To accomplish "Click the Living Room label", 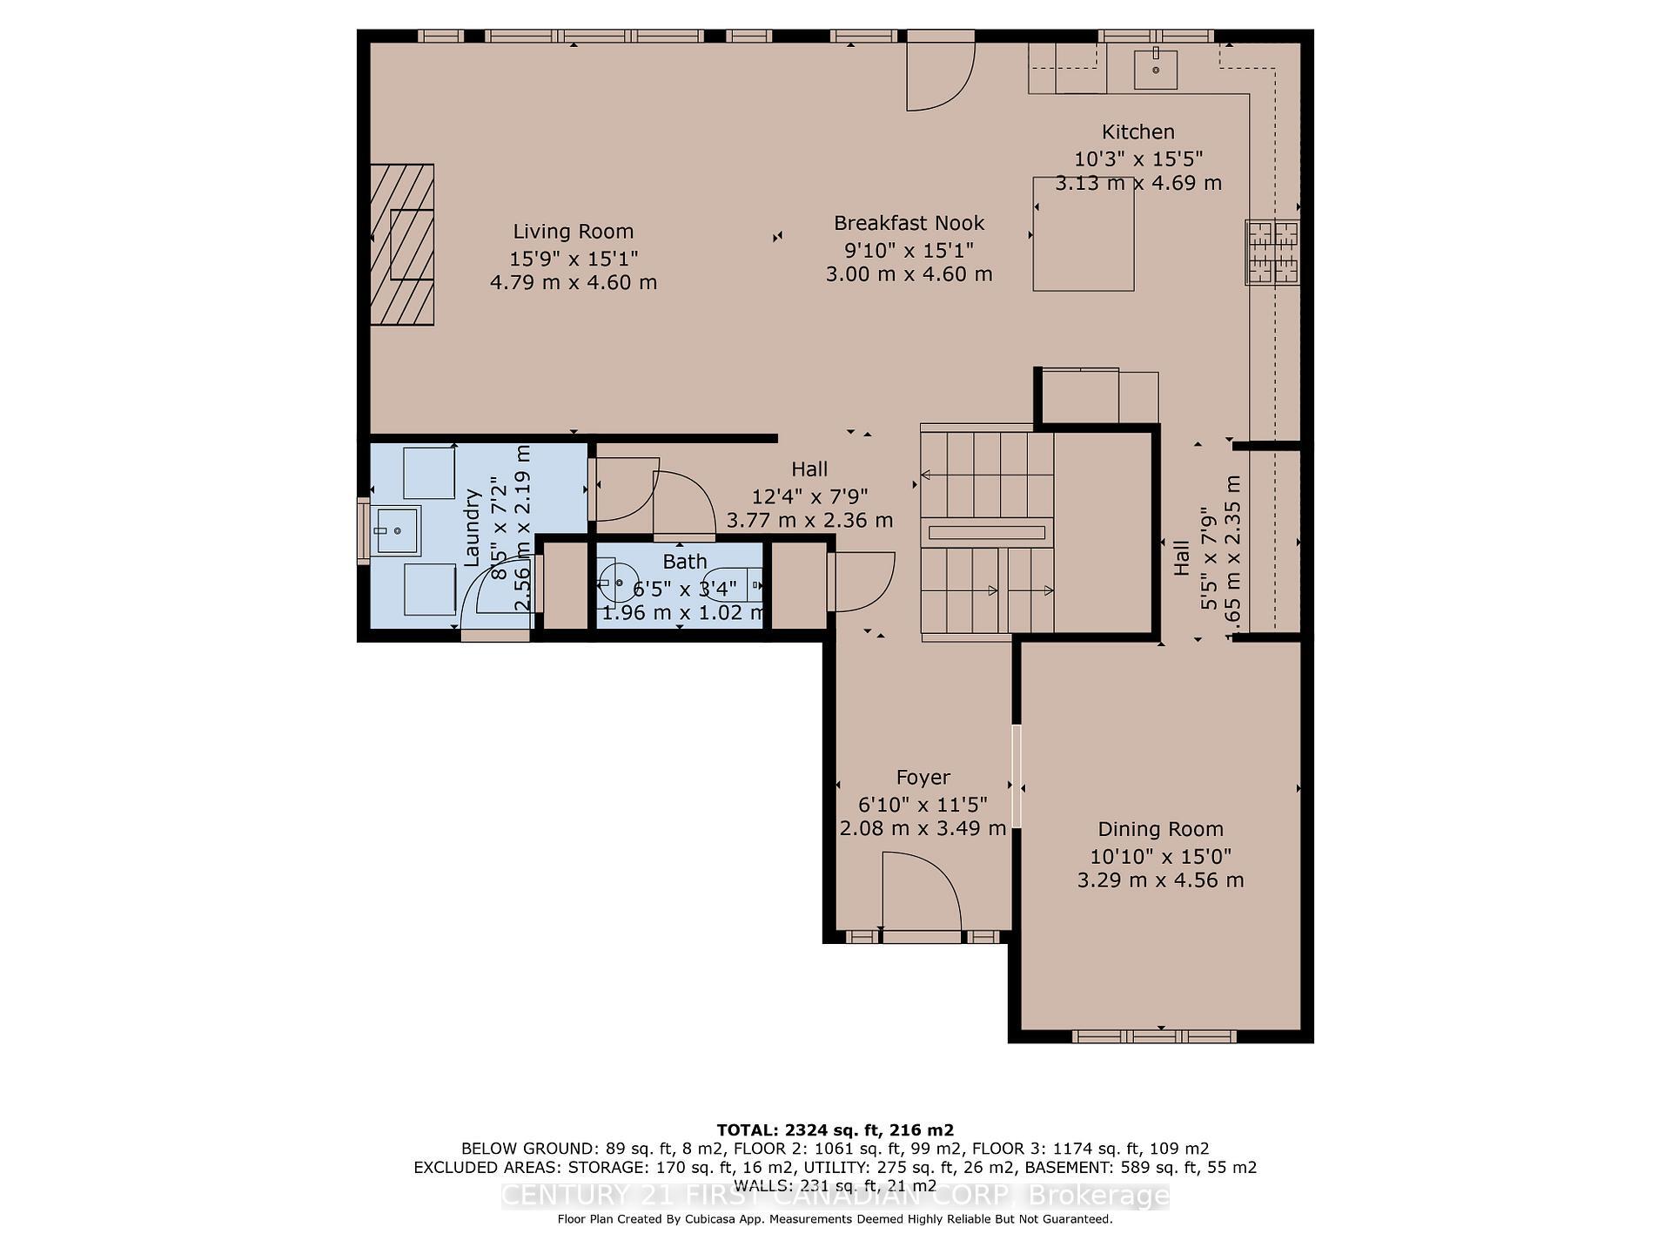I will tap(573, 232).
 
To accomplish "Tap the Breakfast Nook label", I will tap(909, 223).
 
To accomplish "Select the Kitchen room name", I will tap(1137, 132).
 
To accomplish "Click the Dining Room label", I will tap(1160, 829).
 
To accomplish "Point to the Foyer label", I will tap(923, 777).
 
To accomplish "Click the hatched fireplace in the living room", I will tap(402, 245).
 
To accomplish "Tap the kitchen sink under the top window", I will tap(1156, 70).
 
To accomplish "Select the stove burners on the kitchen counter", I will tap(1272, 253).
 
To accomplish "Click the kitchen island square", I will tap(1083, 233).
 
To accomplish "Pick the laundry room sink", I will tap(398, 530).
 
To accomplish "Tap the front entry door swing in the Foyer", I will tap(921, 893).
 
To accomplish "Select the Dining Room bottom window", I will tap(1154, 1036).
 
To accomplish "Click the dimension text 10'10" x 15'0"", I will tap(1160, 856).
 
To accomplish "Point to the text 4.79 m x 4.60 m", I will tap(573, 283).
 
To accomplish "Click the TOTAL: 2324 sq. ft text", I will tap(835, 1130).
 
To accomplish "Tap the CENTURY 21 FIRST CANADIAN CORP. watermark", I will tap(835, 1196).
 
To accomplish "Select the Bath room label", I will tap(684, 562).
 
